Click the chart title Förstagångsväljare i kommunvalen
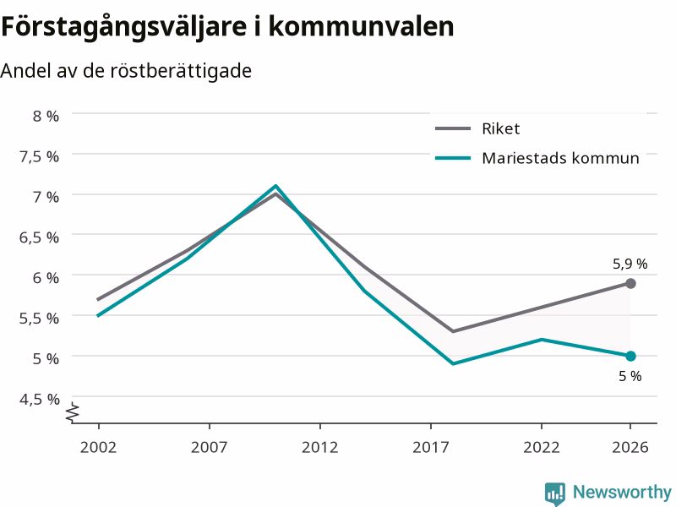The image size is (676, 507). [x=227, y=27]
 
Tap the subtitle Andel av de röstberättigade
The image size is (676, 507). [x=126, y=71]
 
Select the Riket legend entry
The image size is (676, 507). [x=477, y=128]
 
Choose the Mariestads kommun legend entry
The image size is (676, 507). [x=537, y=158]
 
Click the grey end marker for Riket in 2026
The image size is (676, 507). [x=630, y=283]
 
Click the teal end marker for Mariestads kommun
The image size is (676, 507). [x=630, y=356]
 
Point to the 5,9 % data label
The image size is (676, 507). [x=630, y=264]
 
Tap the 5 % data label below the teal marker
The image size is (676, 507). [x=630, y=376]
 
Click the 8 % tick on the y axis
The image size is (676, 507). [x=46, y=116]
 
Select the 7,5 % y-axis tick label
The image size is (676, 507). [x=39, y=156]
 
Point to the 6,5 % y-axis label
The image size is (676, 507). [x=39, y=237]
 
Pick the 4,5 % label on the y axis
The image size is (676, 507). [x=39, y=399]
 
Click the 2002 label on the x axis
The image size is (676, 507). [x=98, y=447]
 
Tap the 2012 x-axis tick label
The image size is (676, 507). [x=320, y=447]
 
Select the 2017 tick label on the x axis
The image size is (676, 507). [x=431, y=447]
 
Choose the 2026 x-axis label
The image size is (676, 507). [x=630, y=447]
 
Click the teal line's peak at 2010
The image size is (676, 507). [x=275, y=186]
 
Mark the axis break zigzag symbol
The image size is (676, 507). [x=73, y=412]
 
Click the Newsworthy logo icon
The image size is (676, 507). [x=555, y=493]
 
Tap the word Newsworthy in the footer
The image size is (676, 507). [x=622, y=492]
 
